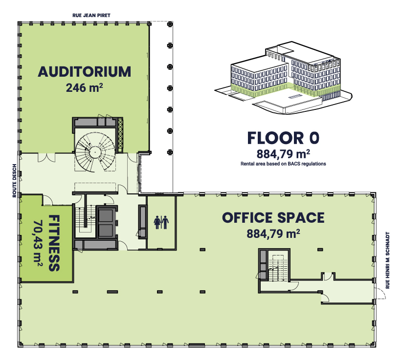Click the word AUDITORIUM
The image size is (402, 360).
pyautogui.click(x=84, y=72)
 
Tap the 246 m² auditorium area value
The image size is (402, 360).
pyautogui.click(x=84, y=88)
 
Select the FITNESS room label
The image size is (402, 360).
pyautogui.click(x=54, y=243)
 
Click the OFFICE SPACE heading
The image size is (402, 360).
pyautogui.click(x=273, y=218)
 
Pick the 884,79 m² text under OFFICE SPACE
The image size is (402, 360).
pyautogui.click(x=273, y=233)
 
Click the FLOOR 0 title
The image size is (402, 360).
pyautogui.click(x=283, y=138)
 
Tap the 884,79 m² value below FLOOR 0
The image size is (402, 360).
pyautogui.click(x=283, y=154)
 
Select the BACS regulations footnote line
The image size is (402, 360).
pyautogui.click(x=283, y=164)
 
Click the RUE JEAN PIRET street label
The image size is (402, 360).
pyautogui.click(x=91, y=15)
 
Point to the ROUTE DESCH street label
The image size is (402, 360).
pyautogui.click(x=14, y=181)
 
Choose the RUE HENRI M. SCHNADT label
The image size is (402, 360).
pyautogui.click(x=387, y=260)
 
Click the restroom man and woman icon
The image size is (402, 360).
pyautogui.click(x=161, y=223)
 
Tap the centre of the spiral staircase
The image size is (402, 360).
pyautogui.click(x=95, y=152)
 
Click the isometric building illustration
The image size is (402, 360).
pyautogui.click(x=283, y=78)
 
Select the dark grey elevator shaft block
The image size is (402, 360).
pyautogui.click(x=106, y=223)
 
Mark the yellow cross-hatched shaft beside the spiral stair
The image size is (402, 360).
pyautogui.click(x=120, y=134)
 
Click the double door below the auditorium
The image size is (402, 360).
pyautogui.click(x=46, y=157)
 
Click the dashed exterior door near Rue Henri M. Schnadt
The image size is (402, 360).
pyautogui.click(x=381, y=294)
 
